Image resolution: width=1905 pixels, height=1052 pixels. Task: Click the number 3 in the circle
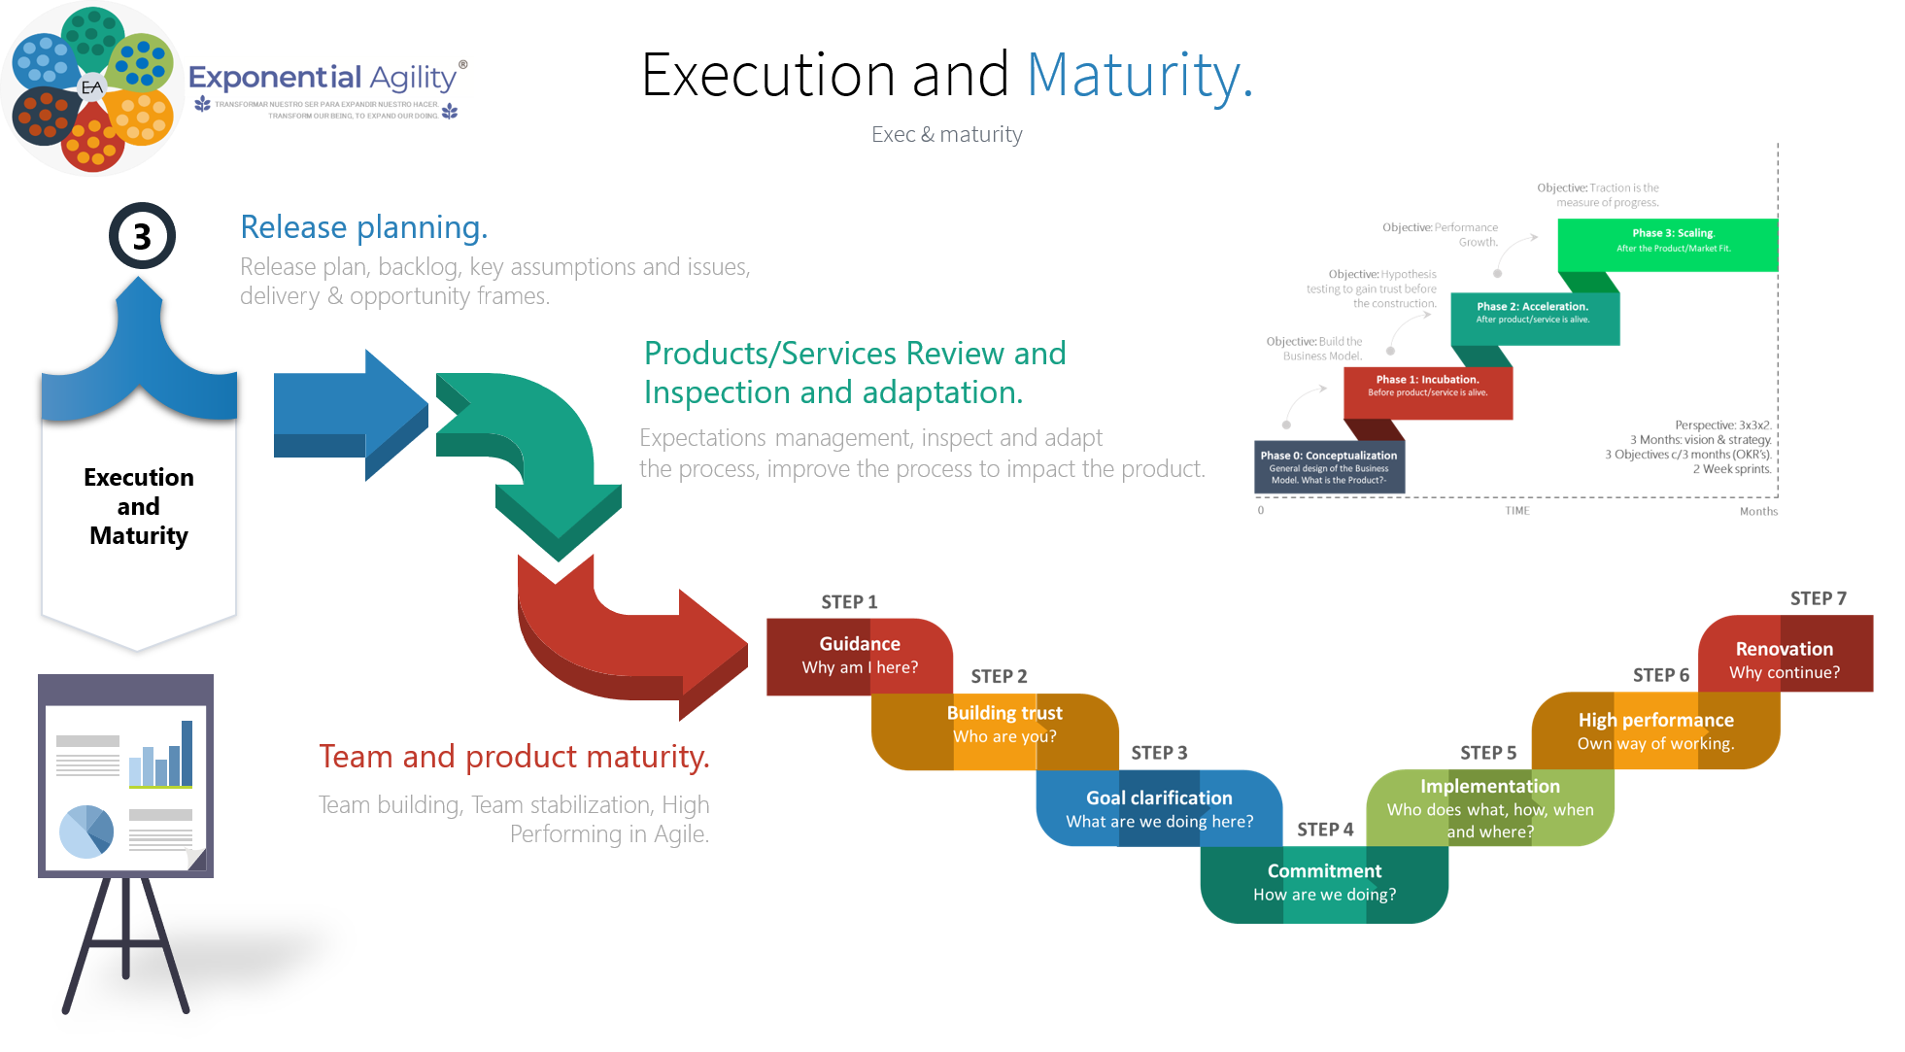click(x=142, y=236)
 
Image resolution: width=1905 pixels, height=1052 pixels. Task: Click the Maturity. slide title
click(x=1140, y=76)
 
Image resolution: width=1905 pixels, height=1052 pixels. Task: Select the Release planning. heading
click(x=363, y=227)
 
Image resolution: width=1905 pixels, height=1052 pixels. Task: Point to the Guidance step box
click(x=859, y=656)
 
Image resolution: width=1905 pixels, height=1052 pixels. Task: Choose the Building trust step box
click(x=1004, y=726)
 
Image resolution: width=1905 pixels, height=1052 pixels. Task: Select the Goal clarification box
click(x=1159, y=809)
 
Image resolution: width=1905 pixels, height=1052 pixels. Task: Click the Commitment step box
click(x=1324, y=883)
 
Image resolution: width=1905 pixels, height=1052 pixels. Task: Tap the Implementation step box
click(x=1489, y=807)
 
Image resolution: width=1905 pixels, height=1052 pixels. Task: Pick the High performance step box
click(x=1655, y=731)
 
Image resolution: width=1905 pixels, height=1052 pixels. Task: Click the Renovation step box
click(x=1785, y=660)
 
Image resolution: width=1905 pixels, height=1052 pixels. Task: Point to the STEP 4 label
click(x=1324, y=830)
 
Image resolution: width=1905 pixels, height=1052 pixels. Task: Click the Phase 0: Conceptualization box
click(x=1328, y=466)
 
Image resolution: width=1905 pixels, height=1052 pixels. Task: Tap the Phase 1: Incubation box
click(x=1426, y=386)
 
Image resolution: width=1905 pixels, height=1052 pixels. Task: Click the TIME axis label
click(x=1516, y=511)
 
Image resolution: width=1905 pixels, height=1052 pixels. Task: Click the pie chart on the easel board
click(x=86, y=831)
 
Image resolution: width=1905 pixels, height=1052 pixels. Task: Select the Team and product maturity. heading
click(x=514, y=757)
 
